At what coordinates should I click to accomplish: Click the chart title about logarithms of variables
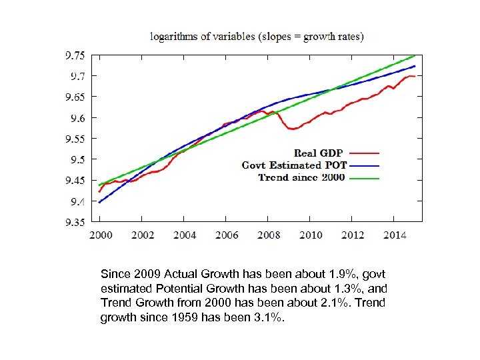coord(257,37)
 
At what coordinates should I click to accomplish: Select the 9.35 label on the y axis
coord(75,222)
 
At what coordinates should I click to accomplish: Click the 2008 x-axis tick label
coord(269,235)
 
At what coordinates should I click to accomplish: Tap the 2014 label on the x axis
coord(395,235)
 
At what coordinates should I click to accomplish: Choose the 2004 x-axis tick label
coord(185,235)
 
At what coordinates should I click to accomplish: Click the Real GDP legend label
coord(319,153)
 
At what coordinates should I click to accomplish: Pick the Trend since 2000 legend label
coord(301,177)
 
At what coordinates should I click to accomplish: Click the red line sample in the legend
coord(363,153)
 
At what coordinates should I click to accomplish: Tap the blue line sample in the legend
coord(363,165)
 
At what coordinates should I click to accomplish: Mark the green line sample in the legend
coord(363,178)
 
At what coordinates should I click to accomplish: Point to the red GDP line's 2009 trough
coord(292,129)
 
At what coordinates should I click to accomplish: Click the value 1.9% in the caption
coord(336,274)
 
